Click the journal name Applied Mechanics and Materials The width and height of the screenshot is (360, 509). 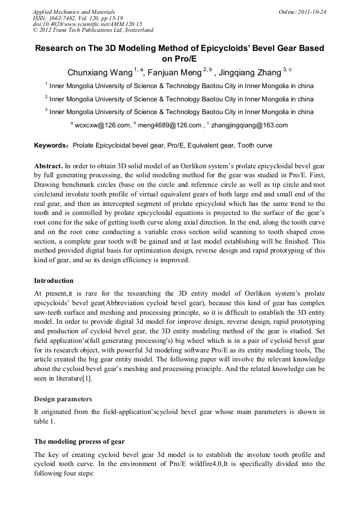pyautogui.click(x=74, y=12)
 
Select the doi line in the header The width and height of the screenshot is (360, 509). pyautogui.click(x=88, y=24)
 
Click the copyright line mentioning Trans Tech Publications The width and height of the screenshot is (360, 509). pyautogui.click(x=93, y=31)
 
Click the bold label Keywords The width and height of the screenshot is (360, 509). pyautogui.click(x=50, y=145)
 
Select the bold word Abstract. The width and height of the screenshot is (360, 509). pyautogui.click(x=49, y=166)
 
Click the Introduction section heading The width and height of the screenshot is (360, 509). pyautogui.click(x=54, y=281)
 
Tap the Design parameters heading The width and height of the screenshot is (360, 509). pyautogui.click(x=63, y=399)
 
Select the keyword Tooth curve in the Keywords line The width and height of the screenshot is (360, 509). pyautogui.click(x=255, y=145)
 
